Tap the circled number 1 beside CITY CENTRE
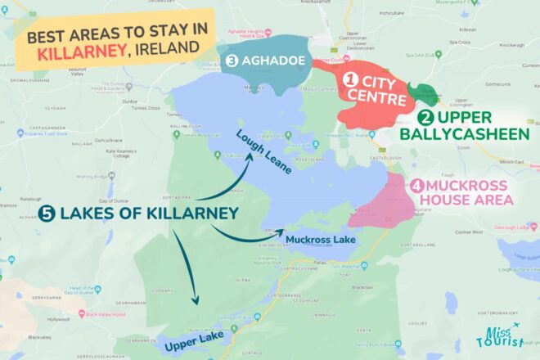351,80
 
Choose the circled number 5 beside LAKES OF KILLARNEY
48,215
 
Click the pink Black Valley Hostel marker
79,313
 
